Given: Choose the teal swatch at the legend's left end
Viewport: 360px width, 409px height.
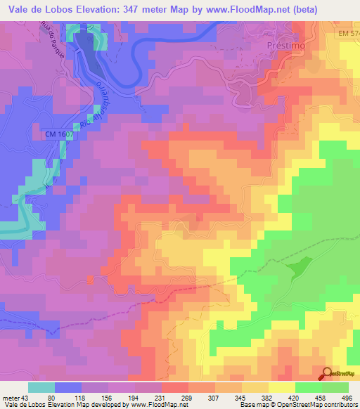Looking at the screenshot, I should pos(42,388).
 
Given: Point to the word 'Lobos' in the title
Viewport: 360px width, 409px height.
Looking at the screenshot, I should pos(61,10).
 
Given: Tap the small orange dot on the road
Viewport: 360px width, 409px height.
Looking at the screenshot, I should pos(90,280).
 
